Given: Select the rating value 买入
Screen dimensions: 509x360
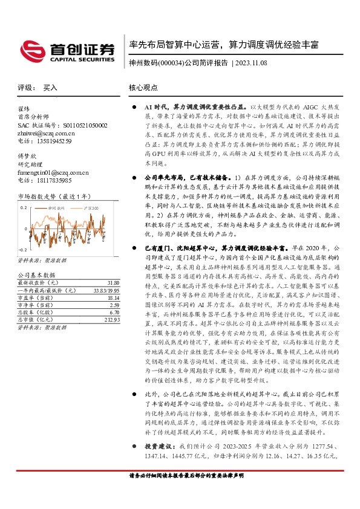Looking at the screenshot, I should coord(50,88).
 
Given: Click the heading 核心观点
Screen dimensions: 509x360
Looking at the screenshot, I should coord(143,88).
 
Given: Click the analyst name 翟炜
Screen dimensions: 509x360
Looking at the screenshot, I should coord(24,109).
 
